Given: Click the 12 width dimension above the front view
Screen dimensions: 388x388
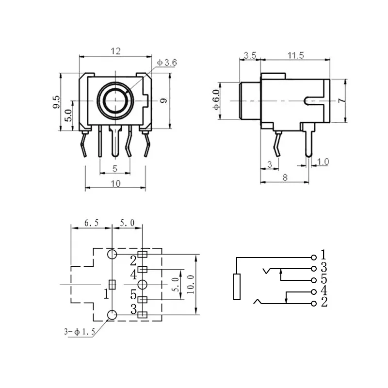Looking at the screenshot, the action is click(115, 50).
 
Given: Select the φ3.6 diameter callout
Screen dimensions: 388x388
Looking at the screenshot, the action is click(167, 63).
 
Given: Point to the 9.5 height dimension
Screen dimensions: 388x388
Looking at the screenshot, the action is click(56, 102).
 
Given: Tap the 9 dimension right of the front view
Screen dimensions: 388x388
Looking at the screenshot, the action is click(163, 101).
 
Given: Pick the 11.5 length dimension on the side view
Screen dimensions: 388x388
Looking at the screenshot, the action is click(295, 55).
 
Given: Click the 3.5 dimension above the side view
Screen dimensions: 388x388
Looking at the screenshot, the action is click(250, 55).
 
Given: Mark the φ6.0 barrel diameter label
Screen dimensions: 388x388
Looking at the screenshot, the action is click(216, 100).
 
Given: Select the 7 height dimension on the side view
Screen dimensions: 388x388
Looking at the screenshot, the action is click(341, 100).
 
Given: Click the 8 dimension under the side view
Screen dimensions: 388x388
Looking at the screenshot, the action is click(285, 178).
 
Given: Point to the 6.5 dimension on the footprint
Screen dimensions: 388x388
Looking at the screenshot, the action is click(91, 223).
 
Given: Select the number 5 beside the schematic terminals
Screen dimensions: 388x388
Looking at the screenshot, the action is click(323, 280).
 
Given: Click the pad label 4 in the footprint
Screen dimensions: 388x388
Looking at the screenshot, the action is click(133, 275).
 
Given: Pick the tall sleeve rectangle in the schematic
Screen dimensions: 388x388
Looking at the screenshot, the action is click(237, 287).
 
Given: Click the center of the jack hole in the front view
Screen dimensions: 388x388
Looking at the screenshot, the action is click(115, 101).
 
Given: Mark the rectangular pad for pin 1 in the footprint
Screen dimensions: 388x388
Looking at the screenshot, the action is click(112, 284).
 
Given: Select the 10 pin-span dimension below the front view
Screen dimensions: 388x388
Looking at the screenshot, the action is click(115, 183).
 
